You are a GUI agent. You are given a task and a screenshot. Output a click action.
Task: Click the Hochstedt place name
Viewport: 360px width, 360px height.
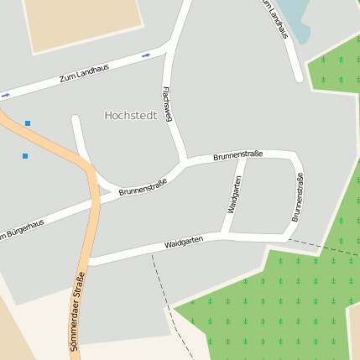[x=130, y=115]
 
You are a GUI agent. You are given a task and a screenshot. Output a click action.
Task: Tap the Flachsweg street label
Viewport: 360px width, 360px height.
[x=168, y=103]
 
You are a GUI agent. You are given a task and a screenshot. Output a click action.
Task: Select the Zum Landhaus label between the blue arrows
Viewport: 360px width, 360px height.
[x=85, y=74]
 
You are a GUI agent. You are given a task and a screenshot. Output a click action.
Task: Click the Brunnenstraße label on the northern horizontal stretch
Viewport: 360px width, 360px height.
[x=237, y=155]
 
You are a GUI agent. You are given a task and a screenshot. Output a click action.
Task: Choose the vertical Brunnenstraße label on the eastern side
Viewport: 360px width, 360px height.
[x=297, y=197]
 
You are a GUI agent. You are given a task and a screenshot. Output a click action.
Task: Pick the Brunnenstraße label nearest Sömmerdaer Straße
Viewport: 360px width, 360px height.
[x=142, y=186]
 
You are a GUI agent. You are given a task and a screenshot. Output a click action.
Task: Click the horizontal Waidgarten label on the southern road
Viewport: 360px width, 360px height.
[x=183, y=242]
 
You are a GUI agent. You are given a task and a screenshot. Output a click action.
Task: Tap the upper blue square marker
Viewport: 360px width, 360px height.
[x=28, y=123]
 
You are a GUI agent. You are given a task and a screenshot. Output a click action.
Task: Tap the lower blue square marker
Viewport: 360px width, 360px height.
[x=25, y=156]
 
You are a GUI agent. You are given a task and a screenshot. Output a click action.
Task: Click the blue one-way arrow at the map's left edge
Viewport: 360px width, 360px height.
[x=5, y=96]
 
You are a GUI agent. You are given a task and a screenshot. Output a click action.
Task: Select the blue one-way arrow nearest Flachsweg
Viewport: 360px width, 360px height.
[x=146, y=55]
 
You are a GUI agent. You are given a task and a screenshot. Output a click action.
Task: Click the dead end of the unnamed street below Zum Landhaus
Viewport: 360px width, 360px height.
[x=76, y=119]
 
